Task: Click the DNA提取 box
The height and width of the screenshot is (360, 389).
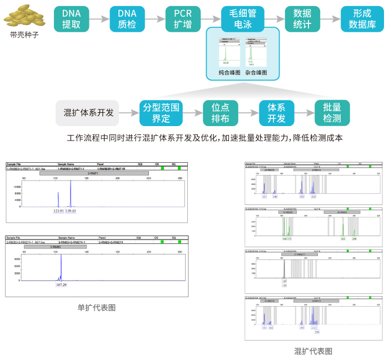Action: (x=71, y=19)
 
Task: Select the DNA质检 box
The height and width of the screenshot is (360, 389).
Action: (x=127, y=19)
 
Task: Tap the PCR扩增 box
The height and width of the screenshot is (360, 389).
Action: (x=183, y=19)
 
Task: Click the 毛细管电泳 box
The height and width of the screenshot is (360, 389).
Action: (x=242, y=19)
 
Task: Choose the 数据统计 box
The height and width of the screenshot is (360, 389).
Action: (x=302, y=19)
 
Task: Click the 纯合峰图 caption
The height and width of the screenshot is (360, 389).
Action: (x=230, y=72)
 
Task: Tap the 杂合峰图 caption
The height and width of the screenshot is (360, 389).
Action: (x=256, y=72)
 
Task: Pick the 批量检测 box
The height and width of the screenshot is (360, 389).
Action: (x=332, y=113)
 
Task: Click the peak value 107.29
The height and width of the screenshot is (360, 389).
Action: (x=61, y=284)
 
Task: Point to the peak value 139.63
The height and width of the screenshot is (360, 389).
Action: (x=71, y=211)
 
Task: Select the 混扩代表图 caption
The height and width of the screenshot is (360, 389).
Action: (x=313, y=351)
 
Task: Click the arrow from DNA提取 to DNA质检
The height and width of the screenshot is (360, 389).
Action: (x=99, y=19)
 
